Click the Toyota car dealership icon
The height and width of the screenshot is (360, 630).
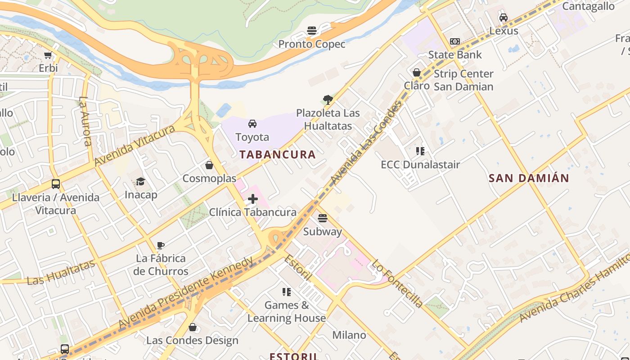point(252,124)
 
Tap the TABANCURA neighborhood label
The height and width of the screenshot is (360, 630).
point(277,154)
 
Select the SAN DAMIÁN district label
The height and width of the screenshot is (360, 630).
point(529,178)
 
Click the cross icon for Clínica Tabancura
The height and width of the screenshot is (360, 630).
point(253,198)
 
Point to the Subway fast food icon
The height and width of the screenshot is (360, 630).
point(322,218)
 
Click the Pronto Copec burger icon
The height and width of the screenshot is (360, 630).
point(312,31)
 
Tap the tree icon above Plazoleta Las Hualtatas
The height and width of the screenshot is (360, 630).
point(328,100)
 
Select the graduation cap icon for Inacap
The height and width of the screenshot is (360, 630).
point(141,181)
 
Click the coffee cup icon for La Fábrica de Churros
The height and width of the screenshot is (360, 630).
point(161,245)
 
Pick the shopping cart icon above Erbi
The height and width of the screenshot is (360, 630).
point(48,55)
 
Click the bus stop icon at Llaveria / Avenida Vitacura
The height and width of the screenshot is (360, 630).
point(56,184)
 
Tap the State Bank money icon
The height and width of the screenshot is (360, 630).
point(455,41)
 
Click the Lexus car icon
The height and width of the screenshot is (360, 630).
point(504,18)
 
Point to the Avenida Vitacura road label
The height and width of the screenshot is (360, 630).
point(135,145)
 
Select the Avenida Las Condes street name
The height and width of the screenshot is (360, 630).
point(365,143)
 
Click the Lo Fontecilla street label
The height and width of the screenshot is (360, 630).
point(397,283)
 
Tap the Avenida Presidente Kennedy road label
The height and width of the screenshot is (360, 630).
point(186,292)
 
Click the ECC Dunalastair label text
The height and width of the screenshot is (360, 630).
point(420,165)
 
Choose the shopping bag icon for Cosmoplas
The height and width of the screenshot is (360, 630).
point(209,165)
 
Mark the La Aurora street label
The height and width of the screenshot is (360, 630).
point(85,121)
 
